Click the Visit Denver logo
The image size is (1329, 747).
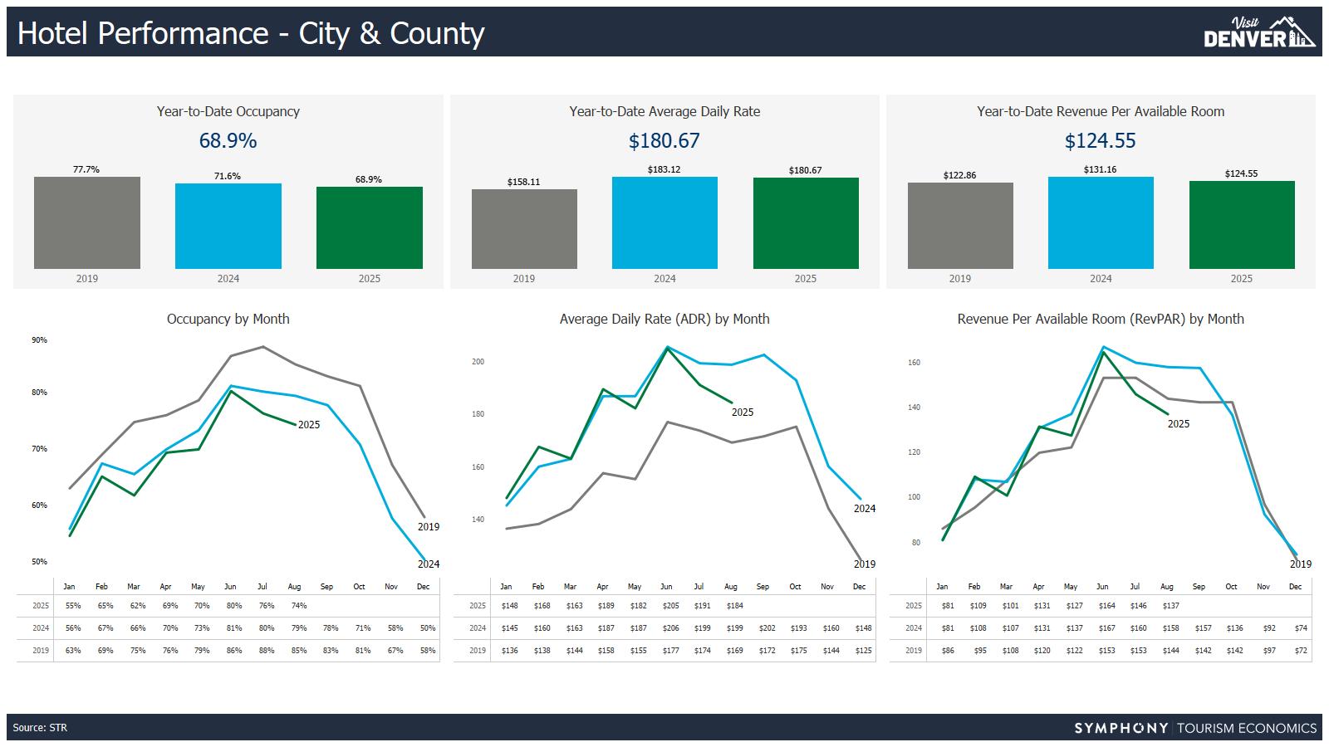(1259, 32)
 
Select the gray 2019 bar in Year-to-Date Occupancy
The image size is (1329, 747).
(87, 222)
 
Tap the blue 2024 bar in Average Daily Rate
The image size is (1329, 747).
(664, 222)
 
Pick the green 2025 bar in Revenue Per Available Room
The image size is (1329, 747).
(1242, 225)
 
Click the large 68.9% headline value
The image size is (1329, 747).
(228, 141)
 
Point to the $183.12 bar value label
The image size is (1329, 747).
(664, 170)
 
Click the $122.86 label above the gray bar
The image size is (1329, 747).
(959, 176)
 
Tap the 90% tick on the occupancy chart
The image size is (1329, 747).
(39, 340)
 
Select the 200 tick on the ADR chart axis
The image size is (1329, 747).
(478, 362)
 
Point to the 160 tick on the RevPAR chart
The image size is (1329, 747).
(914, 363)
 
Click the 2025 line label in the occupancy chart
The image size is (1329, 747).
(309, 425)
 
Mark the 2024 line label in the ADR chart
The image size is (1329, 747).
(865, 509)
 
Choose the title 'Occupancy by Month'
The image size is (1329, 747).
(228, 319)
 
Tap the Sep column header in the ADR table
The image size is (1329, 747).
(763, 587)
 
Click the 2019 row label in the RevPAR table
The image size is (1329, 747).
(914, 651)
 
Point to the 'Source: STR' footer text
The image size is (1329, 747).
(40, 728)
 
